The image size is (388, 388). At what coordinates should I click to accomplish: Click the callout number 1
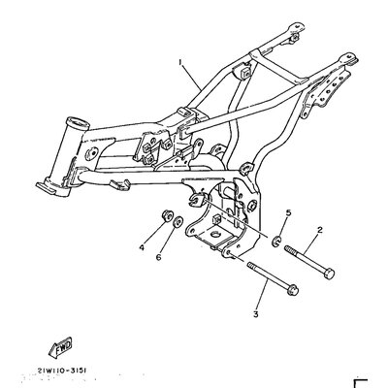pos(180,62)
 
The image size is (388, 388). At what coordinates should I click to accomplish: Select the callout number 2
pos(319,230)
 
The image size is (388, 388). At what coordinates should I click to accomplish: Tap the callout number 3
pos(256,314)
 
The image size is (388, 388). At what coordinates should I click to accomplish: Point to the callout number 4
pos(142,247)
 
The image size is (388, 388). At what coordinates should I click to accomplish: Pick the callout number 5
pos(288,212)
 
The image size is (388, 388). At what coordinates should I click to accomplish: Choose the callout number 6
pos(158,258)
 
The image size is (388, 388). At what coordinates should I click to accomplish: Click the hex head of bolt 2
pos(329,275)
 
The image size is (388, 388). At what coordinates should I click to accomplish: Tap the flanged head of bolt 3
pos(293,289)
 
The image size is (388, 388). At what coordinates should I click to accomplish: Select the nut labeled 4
pos(167,215)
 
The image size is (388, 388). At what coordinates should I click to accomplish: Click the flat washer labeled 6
pos(178,221)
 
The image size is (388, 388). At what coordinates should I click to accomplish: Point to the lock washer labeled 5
pos(276,242)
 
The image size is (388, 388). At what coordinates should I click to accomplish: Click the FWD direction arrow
pos(60,348)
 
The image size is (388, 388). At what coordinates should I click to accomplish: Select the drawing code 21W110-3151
pos(62,371)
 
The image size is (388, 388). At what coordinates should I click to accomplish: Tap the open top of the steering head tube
pos(77,122)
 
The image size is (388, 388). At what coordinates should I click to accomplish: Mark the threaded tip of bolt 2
pos(288,249)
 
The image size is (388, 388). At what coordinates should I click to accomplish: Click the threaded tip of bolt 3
pos(251,266)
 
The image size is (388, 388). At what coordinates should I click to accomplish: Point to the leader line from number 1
pos(192,77)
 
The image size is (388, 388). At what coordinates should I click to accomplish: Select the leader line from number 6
pos(167,240)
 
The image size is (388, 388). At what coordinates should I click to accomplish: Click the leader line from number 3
pos(262,294)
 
